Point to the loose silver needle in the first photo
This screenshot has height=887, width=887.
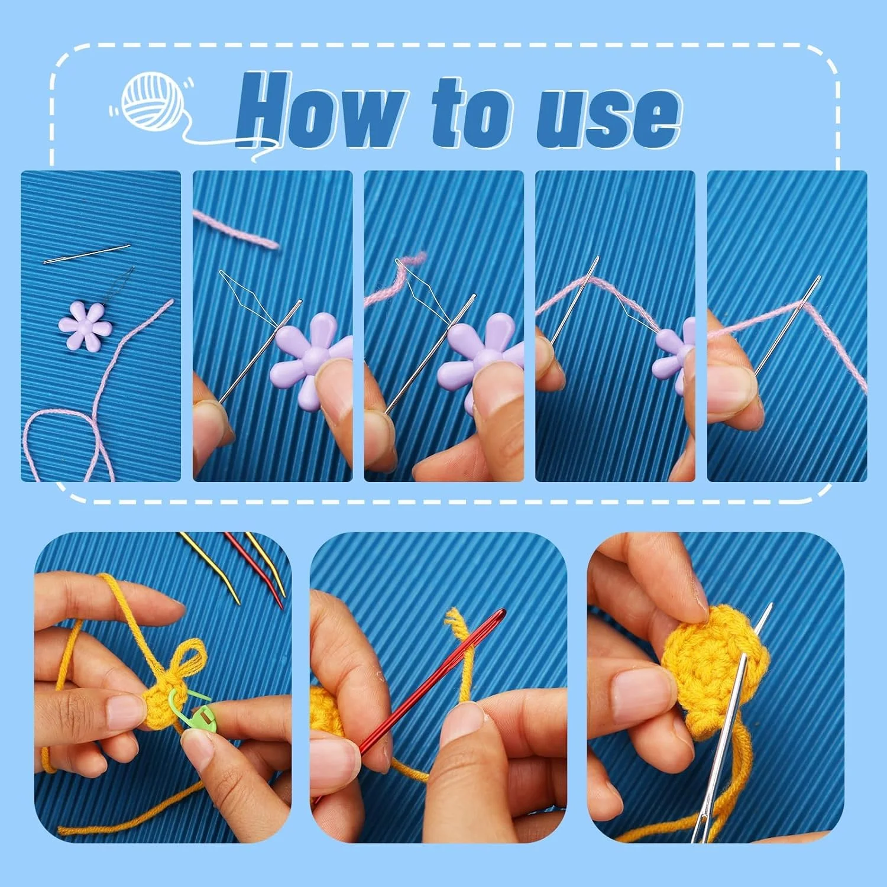pyautogui.click(x=87, y=254)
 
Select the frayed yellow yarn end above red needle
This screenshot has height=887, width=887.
pyautogui.click(x=457, y=624)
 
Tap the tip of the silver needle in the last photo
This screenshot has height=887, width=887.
pyautogui.click(x=772, y=604)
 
